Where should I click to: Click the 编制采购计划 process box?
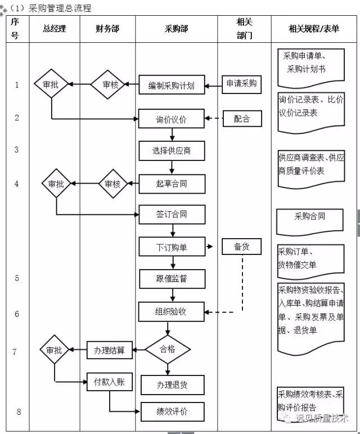172,84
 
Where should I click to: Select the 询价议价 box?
172,119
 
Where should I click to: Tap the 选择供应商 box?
172,151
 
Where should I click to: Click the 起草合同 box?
172,184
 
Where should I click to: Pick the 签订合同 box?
172,214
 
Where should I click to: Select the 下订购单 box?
172,247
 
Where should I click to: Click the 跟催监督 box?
172,279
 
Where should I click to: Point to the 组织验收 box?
172,312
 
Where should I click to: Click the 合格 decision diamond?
168,350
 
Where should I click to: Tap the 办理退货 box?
173,385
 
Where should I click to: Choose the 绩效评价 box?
173,411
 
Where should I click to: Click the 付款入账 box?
110,382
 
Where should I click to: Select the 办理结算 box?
110,350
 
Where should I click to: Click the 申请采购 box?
242,84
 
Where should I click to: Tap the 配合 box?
242,119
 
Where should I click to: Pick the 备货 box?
242,247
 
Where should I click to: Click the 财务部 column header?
107,29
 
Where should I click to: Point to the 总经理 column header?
55,29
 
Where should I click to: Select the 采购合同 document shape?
310,222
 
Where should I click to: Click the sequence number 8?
19,411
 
